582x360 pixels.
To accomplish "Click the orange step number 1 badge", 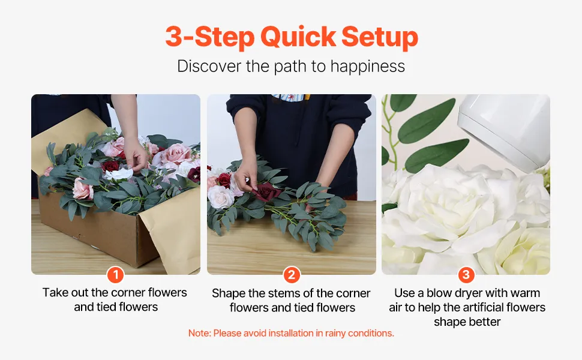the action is [115, 275].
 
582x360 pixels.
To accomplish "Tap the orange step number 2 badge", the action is [292, 275].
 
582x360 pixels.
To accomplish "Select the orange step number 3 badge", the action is [466, 275].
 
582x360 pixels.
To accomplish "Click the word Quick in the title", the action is [298, 37].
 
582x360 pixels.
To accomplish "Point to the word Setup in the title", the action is [380, 37].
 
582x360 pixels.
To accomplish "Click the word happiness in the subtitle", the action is [367, 67].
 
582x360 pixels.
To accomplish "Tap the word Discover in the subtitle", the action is [209, 67].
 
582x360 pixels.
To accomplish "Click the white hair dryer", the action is [505, 129].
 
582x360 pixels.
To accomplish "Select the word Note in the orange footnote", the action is [199, 333].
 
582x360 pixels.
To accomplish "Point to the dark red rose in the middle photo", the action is [266, 191].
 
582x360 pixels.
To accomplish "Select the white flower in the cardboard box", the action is [118, 173].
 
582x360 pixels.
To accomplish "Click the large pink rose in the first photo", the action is [175, 154].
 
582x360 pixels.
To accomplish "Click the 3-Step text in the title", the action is [210, 37].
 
